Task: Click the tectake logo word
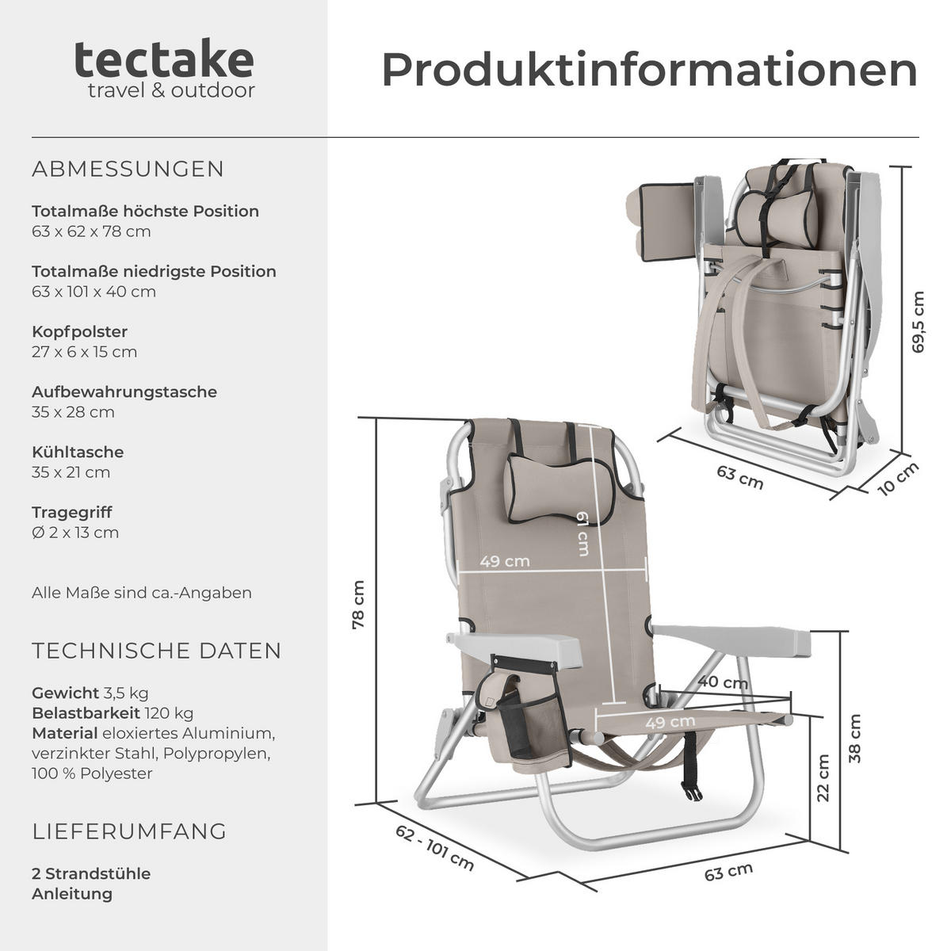coord(164,60)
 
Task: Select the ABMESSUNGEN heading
coord(128,169)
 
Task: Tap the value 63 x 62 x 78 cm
coord(91,231)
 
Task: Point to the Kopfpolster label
coord(79,331)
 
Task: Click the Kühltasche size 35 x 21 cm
coord(71,472)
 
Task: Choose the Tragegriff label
coord(72,512)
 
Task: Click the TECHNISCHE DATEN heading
coord(157,651)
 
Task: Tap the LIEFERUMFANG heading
coord(129,831)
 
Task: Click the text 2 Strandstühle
coord(91,873)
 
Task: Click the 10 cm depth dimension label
coord(899,479)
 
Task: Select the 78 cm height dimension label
coord(358,605)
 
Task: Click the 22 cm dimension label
coord(823,777)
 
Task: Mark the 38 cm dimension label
coord(854,739)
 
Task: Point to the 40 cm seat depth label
coord(723,682)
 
